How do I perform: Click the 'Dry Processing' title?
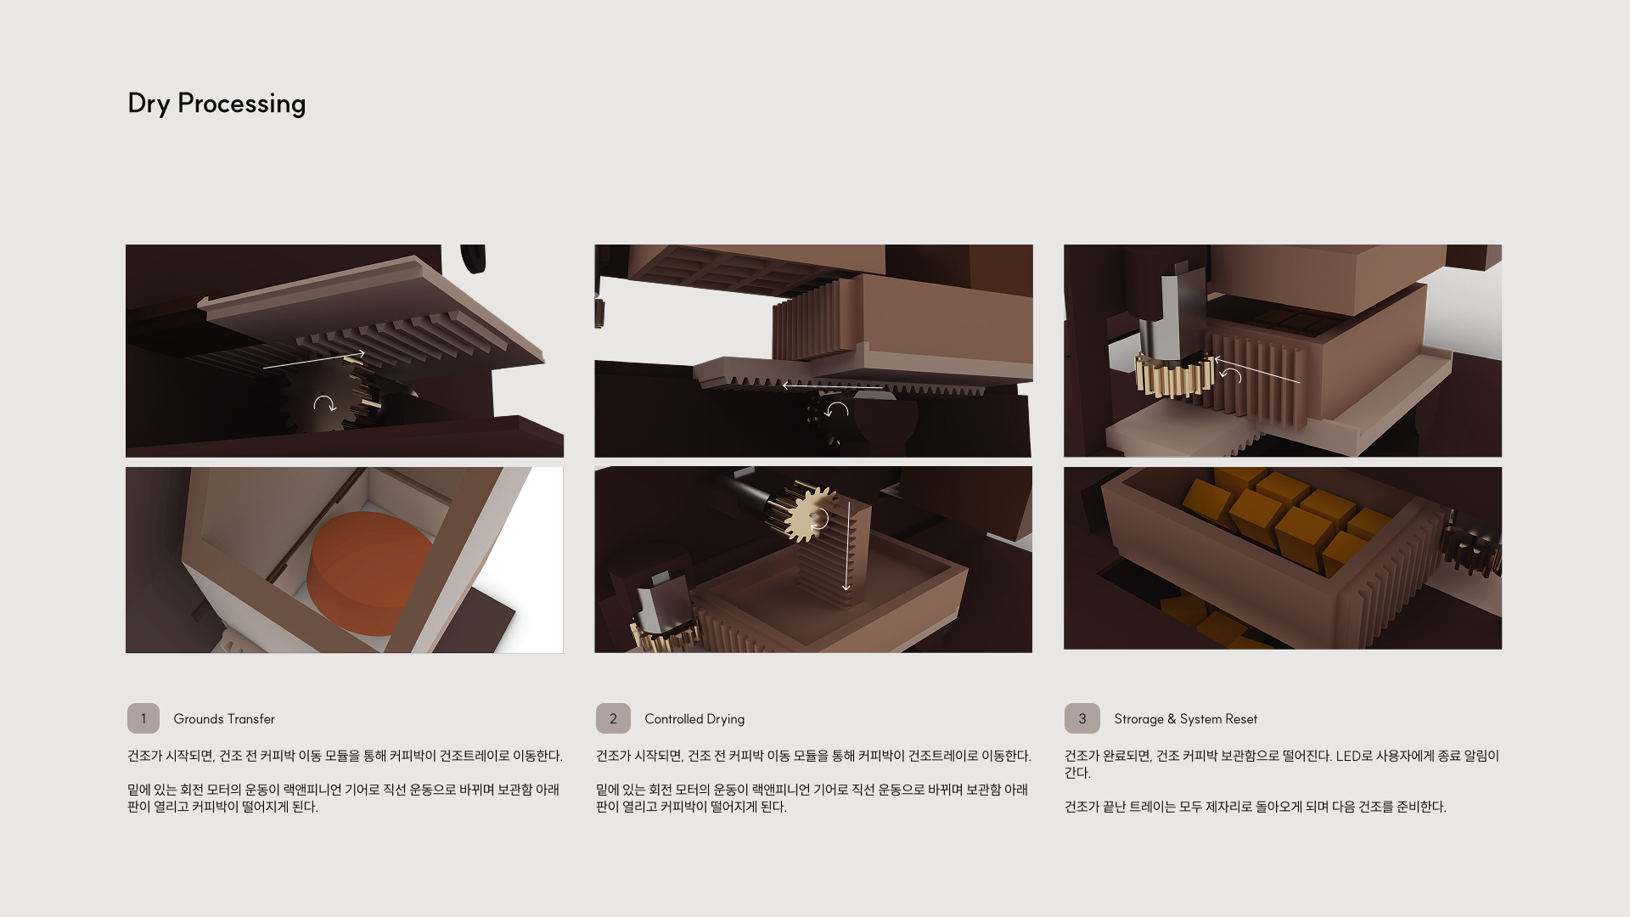pyautogui.click(x=216, y=104)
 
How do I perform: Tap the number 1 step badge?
pyautogui.click(x=143, y=718)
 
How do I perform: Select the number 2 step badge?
pyautogui.click(x=613, y=718)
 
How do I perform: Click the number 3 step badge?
pyautogui.click(x=1082, y=718)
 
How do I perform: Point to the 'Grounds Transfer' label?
pyautogui.click(x=224, y=719)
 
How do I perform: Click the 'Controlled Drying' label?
pyautogui.click(x=694, y=719)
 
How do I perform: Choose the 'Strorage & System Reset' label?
pyautogui.click(x=1185, y=719)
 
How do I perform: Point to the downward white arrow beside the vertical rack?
pyautogui.click(x=846, y=545)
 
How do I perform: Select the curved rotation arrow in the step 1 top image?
pyautogui.click(x=324, y=403)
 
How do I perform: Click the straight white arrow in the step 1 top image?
pyautogui.click(x=314, y=360)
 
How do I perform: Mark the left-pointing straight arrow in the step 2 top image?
pyautogui.click(x=833, y=386)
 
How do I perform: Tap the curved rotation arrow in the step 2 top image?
pyautogui.click(x=836, y=410)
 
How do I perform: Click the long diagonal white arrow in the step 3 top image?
pyautogui.click(x=1257, y=370)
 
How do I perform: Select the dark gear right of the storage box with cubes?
pyautogui.click(x=1473, y=544)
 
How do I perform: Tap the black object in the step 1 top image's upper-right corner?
pyautogui.click(x=473, y=258)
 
